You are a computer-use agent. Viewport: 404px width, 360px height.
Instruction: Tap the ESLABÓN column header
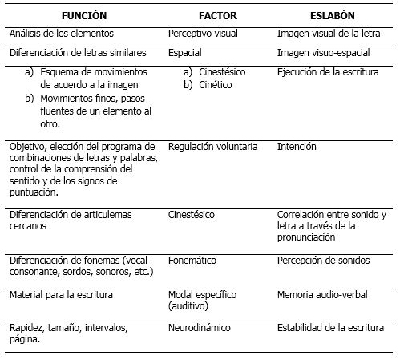(333, 16)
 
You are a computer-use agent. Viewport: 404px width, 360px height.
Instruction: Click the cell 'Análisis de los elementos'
(63, 34)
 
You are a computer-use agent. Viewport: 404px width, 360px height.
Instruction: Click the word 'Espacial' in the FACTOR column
(186, 52)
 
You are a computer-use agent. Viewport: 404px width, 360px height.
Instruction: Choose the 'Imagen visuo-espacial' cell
(326, 52)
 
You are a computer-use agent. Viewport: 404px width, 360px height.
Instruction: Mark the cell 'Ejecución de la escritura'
(329, 71)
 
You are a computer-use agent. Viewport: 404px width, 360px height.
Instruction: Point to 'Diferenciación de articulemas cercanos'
(71, 220)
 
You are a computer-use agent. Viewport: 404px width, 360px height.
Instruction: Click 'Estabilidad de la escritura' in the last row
(335, 328)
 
